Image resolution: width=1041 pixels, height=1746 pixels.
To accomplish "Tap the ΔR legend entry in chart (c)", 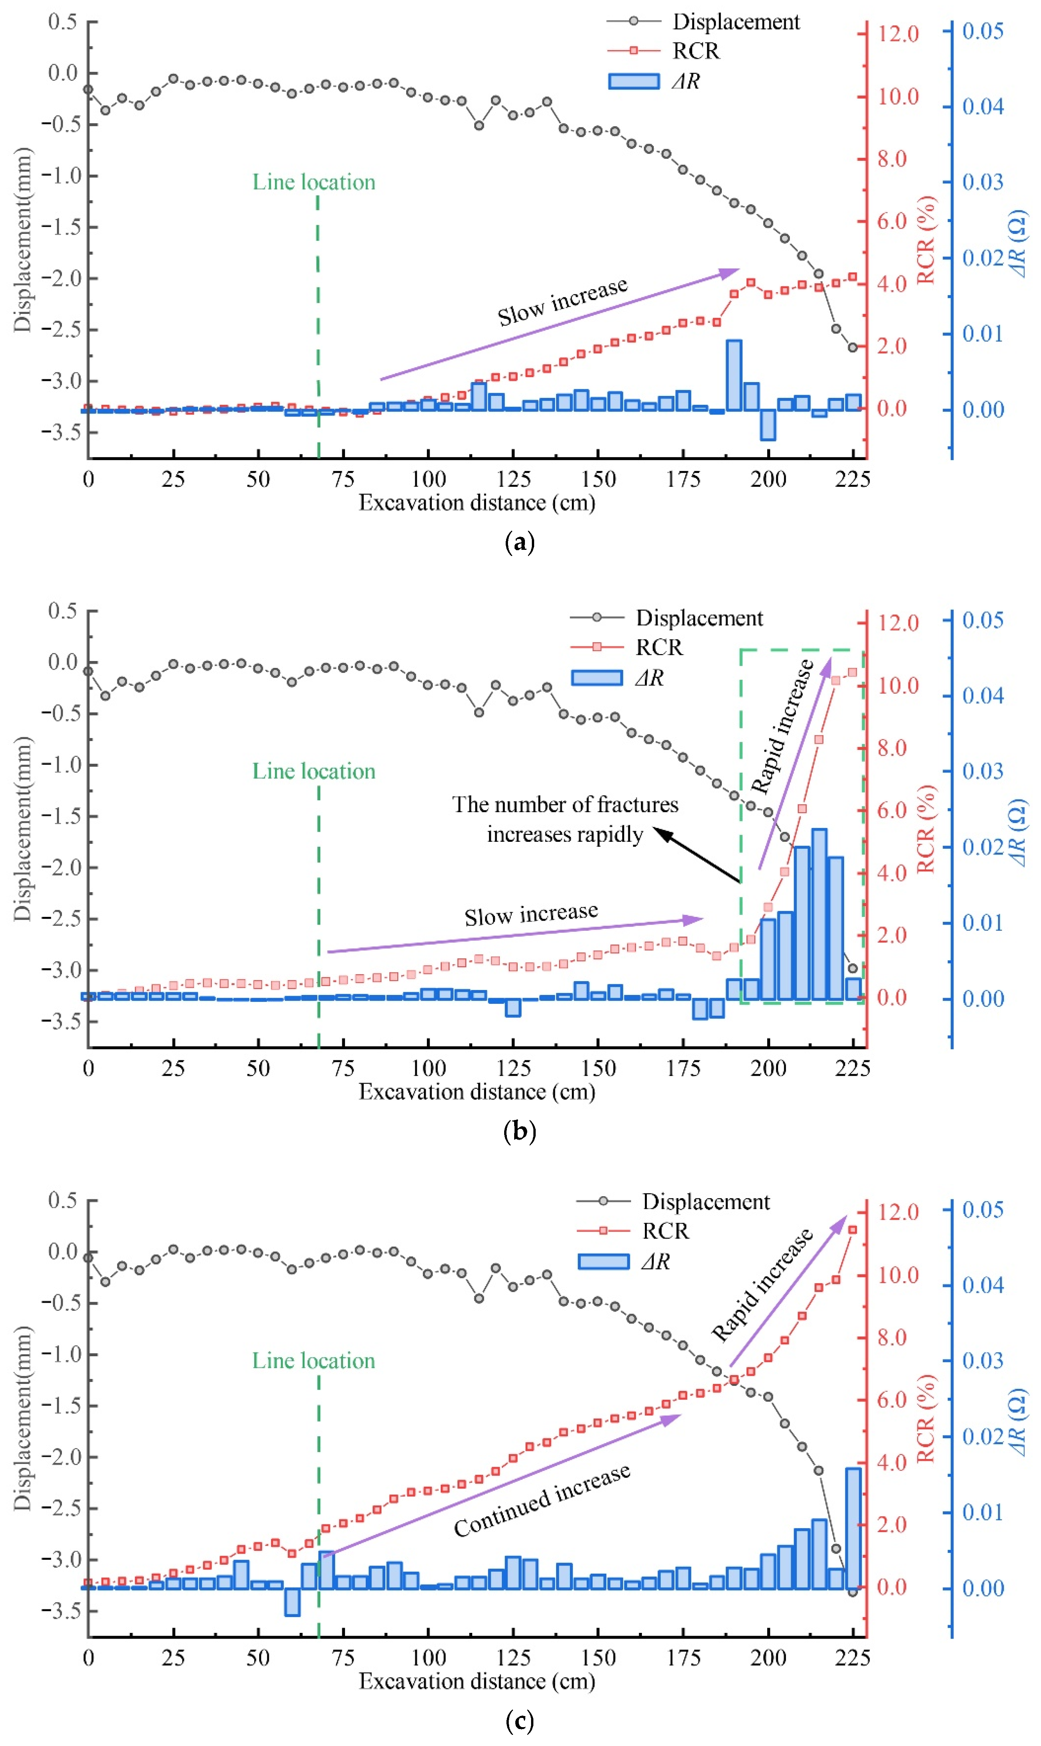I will pyautogui.click(x=655, y=1261).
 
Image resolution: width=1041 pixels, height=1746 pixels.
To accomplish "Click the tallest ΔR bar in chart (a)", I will pyautogui.click(x=734, y=376).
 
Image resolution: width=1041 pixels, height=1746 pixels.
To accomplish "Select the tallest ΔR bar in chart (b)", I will pyautogui.click(x=819, y=914).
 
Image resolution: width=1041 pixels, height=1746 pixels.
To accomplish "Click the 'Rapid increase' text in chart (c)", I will pyautogui.click(x=763, y=1284).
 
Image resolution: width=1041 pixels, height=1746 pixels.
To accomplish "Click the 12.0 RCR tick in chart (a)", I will pyautogui.click(x=898, y=34).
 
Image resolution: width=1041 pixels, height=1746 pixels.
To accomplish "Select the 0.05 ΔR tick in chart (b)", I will pyautogui.click(x=982, y=620).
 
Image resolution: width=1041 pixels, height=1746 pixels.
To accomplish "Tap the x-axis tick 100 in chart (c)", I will pyautogui.click(x=428, y=1658).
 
